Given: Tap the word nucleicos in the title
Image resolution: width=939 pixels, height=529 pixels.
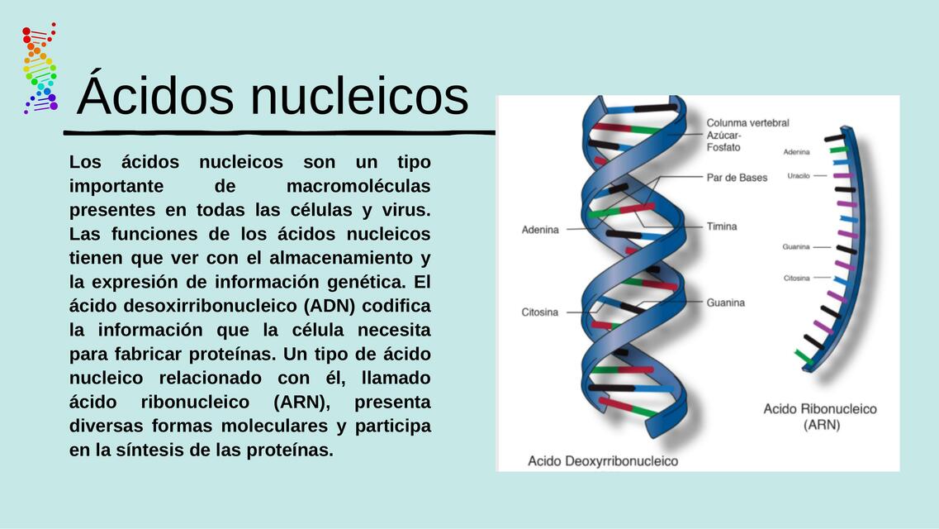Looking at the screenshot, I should (359, 96).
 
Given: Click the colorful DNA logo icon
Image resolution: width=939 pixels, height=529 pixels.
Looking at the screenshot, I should (39, 68).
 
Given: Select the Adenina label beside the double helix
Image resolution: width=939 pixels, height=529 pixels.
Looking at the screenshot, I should (540, 230).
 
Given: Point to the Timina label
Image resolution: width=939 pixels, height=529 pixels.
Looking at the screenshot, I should (722, 226).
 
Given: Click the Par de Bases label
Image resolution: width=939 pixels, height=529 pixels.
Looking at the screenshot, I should (737, 178).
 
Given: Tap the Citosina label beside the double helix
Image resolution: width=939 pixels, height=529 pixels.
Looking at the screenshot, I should (540, 312).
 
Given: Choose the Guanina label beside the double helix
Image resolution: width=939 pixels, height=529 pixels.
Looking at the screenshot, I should (726, 303).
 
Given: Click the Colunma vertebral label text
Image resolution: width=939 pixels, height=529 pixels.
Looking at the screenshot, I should (747, 123).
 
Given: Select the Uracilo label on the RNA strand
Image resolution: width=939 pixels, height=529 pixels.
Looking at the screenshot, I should (799, 176).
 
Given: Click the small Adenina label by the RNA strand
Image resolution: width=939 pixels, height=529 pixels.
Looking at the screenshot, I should (797, 152).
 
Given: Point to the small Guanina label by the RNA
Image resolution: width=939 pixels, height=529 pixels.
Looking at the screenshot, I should (796, 247).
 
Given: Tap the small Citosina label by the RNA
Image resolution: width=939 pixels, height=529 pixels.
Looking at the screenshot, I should (797, 279).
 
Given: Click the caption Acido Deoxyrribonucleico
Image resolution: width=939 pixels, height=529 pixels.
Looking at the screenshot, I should (603, 461).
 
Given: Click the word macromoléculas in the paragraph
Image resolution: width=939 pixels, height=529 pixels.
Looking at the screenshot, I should (358, 186).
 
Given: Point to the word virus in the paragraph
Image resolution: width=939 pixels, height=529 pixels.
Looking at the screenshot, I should (407, 210).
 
